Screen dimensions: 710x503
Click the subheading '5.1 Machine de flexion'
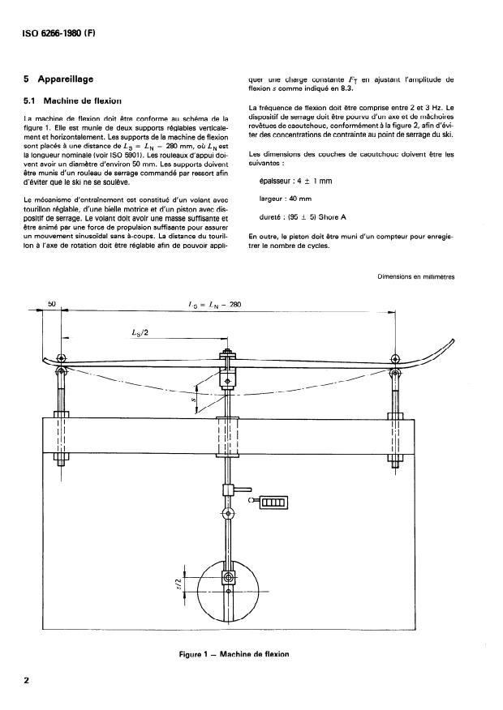tap(72, 101)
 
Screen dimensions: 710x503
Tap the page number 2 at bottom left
tap(28, 681)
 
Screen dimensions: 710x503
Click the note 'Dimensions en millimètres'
tap(416, 277)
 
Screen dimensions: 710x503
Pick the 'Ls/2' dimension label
tap(140, 333)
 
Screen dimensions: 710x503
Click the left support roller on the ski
tap(63, 358)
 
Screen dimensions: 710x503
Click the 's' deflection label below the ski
tap(196, 400)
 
